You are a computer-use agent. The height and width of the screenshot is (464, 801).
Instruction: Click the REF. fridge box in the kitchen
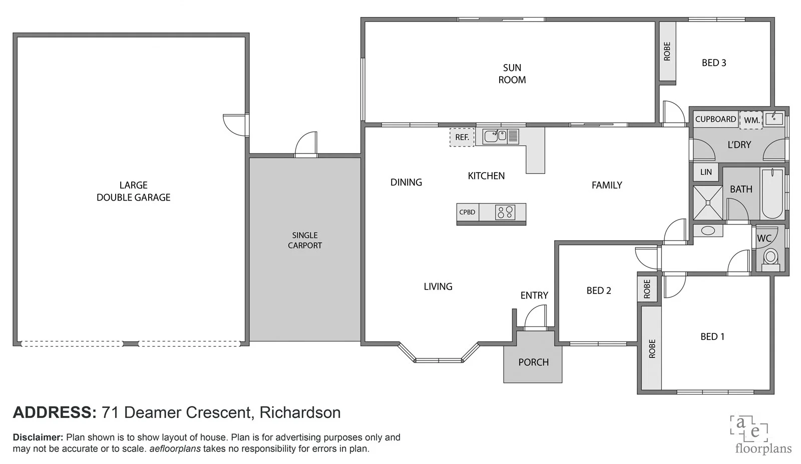[x=462, y=137]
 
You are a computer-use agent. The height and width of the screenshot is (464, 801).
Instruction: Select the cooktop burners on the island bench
[x=505, y=212]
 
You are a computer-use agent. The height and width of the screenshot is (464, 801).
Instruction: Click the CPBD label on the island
[x=467, y=212]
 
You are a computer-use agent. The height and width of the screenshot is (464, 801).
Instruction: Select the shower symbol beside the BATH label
[x=707, y=202]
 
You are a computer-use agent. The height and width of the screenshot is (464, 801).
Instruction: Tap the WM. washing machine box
[x=751, y=120]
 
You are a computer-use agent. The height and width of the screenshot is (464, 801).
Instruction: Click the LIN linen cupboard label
[x=706, y=172]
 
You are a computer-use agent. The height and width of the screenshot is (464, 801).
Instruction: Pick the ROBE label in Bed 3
[x=667, y=51]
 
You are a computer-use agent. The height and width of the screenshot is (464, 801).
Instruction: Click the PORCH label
[x=533, y=362]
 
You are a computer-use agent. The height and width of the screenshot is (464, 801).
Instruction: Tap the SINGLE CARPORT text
[x=305, y=240]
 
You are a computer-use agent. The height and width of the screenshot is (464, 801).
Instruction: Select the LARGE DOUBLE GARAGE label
[x=133, y=191]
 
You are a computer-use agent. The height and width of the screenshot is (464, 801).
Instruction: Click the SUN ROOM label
[x=512, y=73]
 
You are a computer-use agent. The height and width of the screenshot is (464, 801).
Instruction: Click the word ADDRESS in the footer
[x=54, y=412]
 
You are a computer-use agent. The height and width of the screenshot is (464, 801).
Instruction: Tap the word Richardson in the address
[x=300, y=412]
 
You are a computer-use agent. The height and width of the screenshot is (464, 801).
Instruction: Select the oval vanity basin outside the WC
[x=708, y=230]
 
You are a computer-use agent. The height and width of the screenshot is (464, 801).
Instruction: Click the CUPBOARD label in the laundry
[x=715, y=119]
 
